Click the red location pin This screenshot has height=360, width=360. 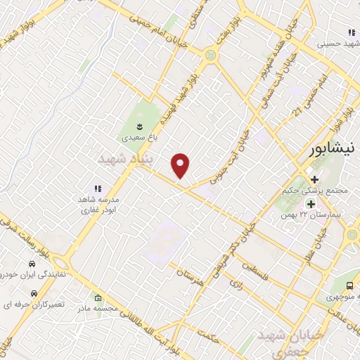tap(181, 165)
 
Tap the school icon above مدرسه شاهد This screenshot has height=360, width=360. tap(98, 188)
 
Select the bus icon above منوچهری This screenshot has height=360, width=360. tap(350, 286)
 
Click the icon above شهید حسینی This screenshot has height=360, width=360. tap(350, 32)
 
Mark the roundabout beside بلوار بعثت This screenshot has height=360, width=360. tap(210, 55)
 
